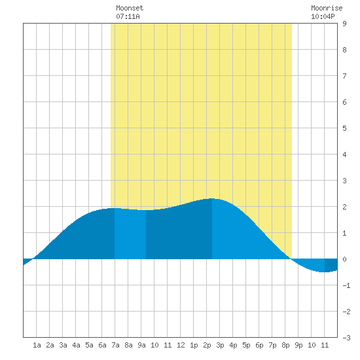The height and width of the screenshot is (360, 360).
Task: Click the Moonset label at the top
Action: (x=130, y=8)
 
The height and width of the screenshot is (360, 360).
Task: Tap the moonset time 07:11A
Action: (x=128, y=16)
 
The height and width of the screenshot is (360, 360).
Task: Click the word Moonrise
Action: (x=327, y=8)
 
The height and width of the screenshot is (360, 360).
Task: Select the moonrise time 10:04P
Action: (x=323, y=16)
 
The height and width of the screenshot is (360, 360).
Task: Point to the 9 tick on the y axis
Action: (x=344, y=24)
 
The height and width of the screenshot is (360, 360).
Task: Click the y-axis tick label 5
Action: (x=344, y=128)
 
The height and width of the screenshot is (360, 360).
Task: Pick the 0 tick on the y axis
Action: (x=344, y=259)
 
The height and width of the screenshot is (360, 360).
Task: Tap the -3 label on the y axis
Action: (x=346, y=338)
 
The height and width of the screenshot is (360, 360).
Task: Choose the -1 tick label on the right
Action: (x=346, y=285)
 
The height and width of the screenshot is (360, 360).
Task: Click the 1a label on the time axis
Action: (x=37, y=345)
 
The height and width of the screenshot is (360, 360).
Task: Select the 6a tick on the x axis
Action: (x=102, y=345)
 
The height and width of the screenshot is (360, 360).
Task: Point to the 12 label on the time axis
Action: (x=181, y=345)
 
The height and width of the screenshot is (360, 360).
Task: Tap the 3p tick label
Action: (x=220, y=345)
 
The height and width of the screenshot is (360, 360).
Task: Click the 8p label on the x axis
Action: (x=285, y=345)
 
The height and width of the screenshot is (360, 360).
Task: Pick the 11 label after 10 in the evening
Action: (x=325, y=345)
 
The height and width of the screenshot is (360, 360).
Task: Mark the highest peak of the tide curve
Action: (x=212, y=198)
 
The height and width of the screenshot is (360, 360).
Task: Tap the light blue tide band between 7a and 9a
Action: (x=130, y=234)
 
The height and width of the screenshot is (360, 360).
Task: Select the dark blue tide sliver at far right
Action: (x=331, y=265)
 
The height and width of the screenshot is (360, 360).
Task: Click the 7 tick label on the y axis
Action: (x=344, y=76)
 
